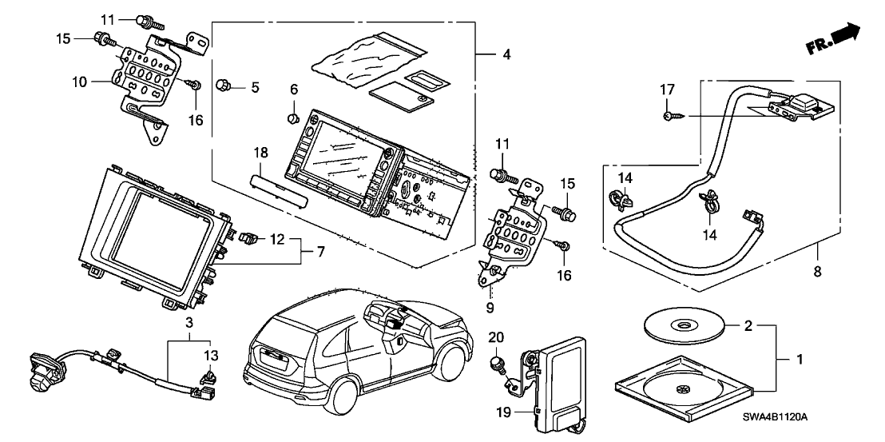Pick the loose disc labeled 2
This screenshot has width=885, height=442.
tap(683, 325)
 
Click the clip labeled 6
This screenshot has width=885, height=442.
tap(292, 119)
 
